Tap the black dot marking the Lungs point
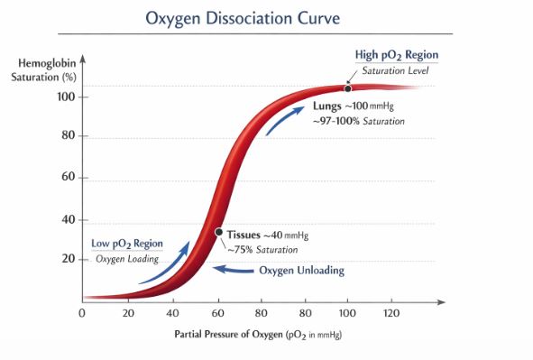tap(347, 88)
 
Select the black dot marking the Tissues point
tap(218, 233)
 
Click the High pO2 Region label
tap(396, 55)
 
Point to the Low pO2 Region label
tap(126, 243)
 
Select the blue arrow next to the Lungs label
tap(283, 120)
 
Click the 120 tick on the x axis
tap(390, 313)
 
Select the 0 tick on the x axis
tap(82, 313)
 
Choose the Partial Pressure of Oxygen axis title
tap(259, 335)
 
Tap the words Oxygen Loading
tap(127, 259)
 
